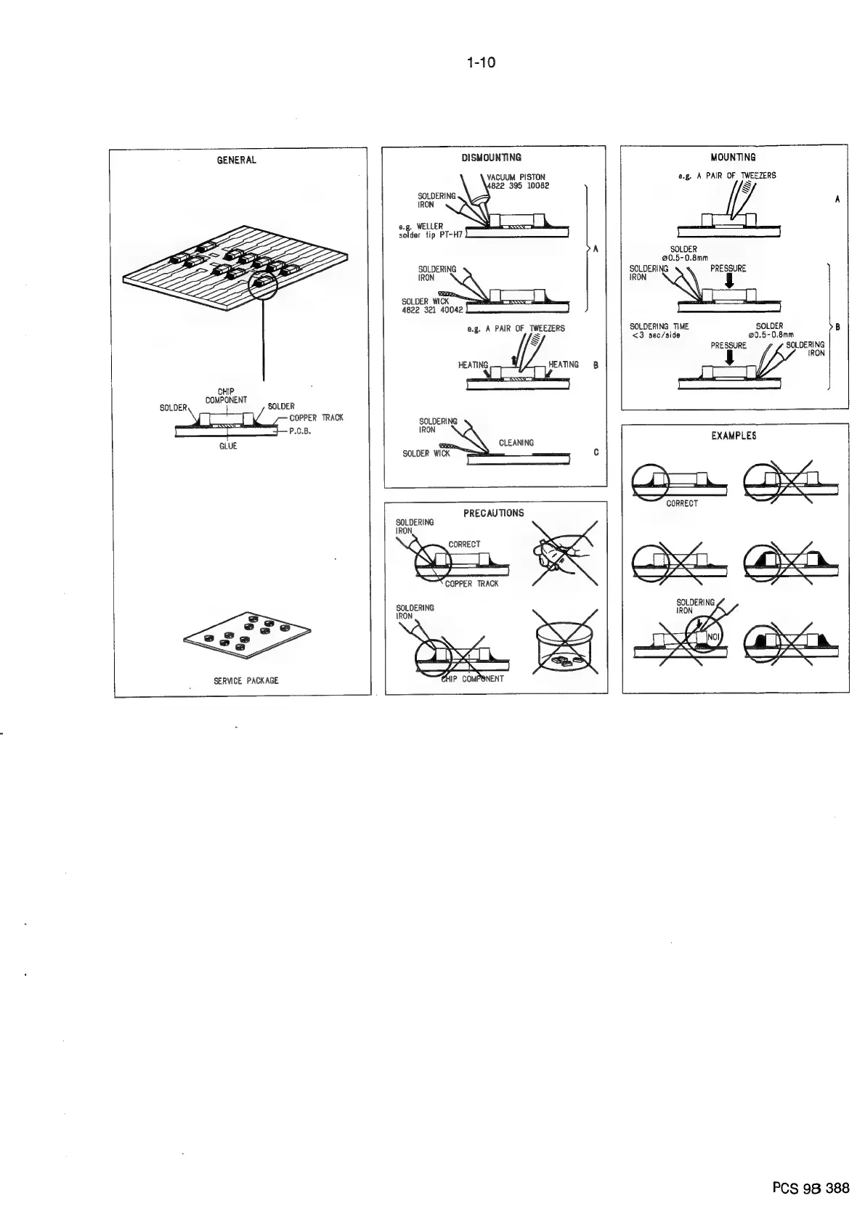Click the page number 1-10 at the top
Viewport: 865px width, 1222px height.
point(481,62)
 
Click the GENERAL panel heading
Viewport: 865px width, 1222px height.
point(237,160)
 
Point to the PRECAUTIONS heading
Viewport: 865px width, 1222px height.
point(493,513)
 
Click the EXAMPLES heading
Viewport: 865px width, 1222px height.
point(734,436)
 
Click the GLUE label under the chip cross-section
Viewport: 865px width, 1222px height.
point(228,447)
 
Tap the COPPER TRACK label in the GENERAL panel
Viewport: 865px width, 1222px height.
point(316,417)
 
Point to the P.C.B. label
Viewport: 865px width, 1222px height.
point(300,431)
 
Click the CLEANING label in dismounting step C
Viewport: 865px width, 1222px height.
point(516,442)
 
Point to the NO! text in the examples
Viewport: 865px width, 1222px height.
point(712,638)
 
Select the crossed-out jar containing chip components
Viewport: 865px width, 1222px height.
point(564,641)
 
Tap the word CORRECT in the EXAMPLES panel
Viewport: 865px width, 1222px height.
point(681,503)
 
